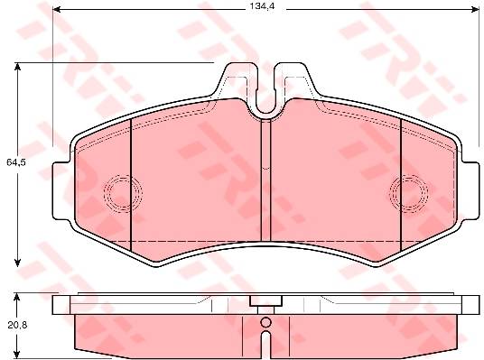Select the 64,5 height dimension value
pyautogui.click(x=15, y=162)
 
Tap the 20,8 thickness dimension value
pyautogui.click(x=17, y=325)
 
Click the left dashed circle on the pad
pyautogui.click(x=124, y=193)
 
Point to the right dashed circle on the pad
pyautogui.click(x=409, y=193)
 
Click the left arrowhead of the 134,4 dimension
pyautogui.click(x=56, y=10)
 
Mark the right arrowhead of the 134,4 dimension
pyautogui.click(x=475, y=10)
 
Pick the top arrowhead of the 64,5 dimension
pyautogui.click(x=17, y=67)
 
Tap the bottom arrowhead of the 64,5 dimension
pyautogui.click(x=17, y=263)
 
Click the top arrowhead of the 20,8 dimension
pyautogui.click(x=17, y=297)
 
